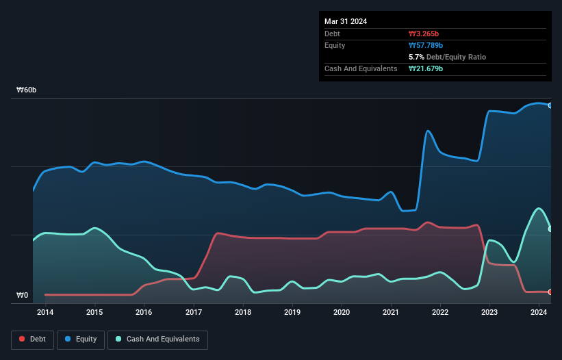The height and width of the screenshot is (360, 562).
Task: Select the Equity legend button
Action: (81, 339)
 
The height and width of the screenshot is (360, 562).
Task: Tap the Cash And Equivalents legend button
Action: (158, 339)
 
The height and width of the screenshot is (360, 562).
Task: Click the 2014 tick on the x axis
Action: (45, 313)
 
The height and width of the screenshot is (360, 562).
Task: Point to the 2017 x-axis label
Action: (194, 313)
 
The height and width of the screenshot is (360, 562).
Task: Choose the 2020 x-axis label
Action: (342, 313)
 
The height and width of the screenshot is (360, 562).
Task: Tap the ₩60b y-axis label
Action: (27, 90)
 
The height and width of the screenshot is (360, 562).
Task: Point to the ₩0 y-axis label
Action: (23, 296)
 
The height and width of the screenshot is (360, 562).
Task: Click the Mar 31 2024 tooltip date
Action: (346, 21)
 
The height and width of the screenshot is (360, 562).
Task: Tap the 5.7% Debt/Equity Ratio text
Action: (447, 57)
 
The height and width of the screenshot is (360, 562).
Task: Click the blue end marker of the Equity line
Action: (550, 105)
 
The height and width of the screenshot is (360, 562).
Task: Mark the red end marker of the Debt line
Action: (550, 292)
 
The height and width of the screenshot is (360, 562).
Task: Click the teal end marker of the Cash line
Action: (550, 229)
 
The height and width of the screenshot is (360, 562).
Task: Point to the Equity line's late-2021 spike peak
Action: (428, 131)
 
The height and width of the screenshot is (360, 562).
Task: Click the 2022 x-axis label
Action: (440, 313)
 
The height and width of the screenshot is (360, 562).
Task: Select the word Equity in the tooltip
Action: (335, 45)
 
